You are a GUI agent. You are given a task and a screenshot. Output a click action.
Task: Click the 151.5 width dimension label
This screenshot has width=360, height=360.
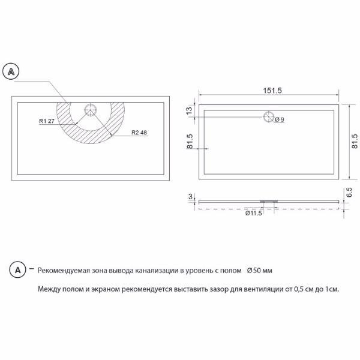[272, 91]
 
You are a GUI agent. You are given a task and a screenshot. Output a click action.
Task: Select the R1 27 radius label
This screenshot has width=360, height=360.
[47, 121]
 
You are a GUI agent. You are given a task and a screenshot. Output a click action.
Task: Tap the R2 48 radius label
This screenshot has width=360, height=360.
[139, 133]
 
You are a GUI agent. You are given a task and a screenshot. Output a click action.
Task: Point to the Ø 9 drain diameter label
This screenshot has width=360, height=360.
[280, 119]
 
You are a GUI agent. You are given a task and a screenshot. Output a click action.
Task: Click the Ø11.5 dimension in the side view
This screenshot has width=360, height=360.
[253, 213]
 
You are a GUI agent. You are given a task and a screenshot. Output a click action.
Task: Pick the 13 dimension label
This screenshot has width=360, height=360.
[189, 110]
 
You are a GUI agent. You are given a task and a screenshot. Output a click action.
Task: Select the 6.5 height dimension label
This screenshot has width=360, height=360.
[349, 193]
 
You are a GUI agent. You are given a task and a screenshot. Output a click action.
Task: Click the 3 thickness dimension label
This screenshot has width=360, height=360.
[190, 197]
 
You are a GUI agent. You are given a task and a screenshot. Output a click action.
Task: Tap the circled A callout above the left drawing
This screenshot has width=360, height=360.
[11, 71]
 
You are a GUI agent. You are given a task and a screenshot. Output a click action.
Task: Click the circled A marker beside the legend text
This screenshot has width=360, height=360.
[17, 270]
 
